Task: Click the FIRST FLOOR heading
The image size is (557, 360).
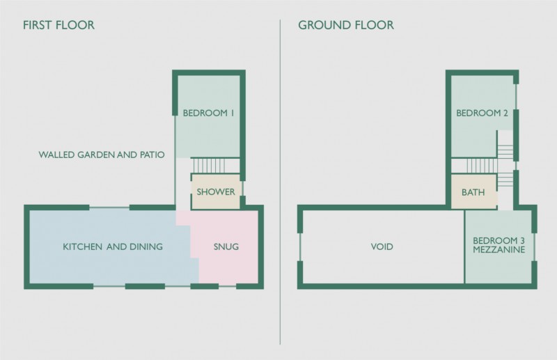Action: pos(58,25)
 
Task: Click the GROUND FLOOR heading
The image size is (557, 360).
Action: pos(346,25)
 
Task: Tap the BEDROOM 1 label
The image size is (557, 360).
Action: pos(208,113)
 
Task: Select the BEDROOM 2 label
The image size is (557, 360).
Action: pos(482,113)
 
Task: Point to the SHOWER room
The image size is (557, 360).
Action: pos(216,191)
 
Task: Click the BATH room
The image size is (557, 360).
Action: pos(473,191)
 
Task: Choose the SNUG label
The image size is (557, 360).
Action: pos(226,246)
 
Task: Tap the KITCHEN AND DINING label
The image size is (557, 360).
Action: pos(113,246)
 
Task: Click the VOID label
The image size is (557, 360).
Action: pos(382,246)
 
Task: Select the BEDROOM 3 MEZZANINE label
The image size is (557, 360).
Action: pos(499,245)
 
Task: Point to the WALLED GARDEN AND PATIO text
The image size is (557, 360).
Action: pos(102,155)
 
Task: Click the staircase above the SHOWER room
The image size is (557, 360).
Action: pos(209,166)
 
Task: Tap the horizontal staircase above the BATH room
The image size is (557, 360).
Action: pos(482,166)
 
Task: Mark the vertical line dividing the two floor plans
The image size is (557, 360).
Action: pos(280,182)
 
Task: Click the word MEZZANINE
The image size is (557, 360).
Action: pos(499,249)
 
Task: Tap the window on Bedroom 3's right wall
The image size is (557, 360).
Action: pos(534,247)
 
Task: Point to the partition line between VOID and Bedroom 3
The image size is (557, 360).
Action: pos(464,247)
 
